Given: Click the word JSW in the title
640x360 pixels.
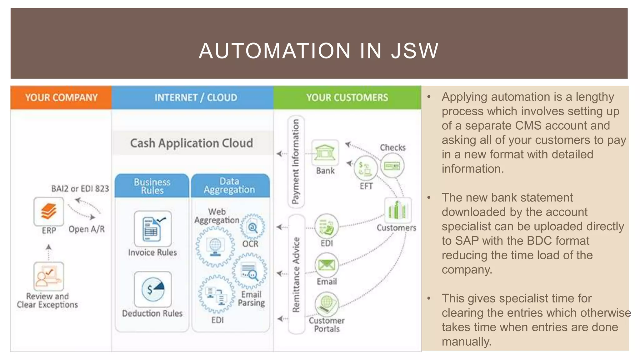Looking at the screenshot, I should tap(415, 51).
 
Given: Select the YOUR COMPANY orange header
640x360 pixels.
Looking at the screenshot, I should tap(61, 97).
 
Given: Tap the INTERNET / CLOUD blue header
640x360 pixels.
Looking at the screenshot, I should tap(196, 97).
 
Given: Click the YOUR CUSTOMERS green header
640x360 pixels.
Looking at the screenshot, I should tap(347, 97).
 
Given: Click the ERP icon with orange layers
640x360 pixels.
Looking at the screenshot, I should tap(49, 212).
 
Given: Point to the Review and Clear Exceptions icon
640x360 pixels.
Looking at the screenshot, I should tap(49, 276).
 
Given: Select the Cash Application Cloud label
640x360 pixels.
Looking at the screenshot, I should tap(192, 143).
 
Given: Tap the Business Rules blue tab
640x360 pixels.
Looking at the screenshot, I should tap(152, 186).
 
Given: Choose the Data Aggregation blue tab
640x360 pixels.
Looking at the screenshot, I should tap(230, 186).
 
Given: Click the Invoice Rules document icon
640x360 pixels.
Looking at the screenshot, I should tap(153, 229).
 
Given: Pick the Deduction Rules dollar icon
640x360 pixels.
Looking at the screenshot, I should tap(153, 289).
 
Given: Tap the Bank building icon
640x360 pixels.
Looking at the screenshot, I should tap(325, 152).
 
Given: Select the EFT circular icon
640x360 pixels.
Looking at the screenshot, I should tap(365, 168).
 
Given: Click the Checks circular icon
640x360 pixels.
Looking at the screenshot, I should tap(392, 166).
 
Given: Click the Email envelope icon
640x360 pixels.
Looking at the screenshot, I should tap(327, 265).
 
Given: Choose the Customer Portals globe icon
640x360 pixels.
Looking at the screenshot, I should tap(327, 303).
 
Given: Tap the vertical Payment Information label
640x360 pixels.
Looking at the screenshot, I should tap(296, 162).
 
